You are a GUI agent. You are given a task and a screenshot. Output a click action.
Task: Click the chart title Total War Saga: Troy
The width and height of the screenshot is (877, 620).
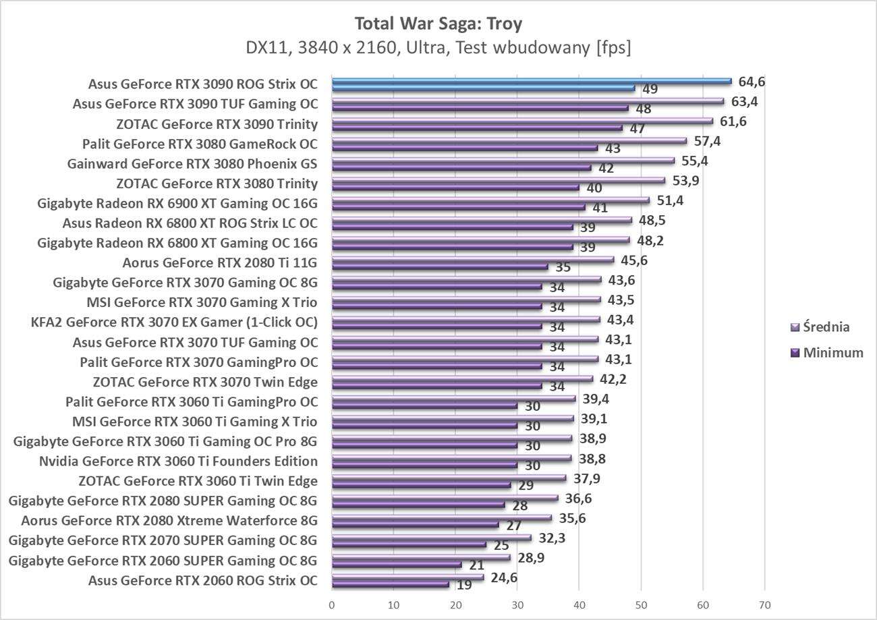[438, 24]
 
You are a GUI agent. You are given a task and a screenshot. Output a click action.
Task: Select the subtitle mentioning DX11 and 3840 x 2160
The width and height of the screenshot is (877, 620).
[438, 48]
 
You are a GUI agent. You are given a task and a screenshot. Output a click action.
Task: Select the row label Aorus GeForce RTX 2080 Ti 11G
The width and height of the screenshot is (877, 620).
[220, 262]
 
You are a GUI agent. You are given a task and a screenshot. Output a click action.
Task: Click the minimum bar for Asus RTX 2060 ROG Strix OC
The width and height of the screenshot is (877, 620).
[391, 584]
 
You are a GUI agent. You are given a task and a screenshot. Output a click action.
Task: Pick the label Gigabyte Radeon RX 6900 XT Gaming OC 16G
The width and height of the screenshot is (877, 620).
[177, 203]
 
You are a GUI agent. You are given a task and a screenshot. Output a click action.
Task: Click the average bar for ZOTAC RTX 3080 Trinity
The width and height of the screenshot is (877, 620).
[499, 180]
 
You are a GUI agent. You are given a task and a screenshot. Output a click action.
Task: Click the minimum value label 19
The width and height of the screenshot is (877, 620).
[464, 585]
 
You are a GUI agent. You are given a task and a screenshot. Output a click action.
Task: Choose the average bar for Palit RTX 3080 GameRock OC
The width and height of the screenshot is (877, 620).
[509, 141]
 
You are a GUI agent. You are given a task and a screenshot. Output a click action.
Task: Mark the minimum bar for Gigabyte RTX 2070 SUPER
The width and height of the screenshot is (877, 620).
[409, 544]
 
